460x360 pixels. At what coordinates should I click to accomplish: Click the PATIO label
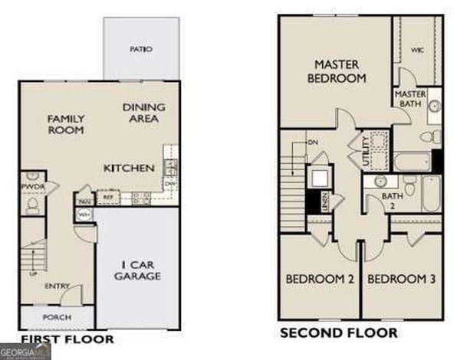point(141,49)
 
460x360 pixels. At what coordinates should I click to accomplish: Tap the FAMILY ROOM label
point(66,125)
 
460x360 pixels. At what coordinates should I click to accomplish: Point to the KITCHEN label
point(130,168)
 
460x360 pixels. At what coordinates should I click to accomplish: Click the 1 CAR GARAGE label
point(138,270)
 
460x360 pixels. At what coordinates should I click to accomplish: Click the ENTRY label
point(56,286)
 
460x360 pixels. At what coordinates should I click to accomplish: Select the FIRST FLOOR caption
point(67,339)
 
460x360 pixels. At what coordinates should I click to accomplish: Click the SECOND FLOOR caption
point(338,333)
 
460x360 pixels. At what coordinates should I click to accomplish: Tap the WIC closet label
point(417,51)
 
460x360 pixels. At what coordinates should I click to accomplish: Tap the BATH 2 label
point(393,201)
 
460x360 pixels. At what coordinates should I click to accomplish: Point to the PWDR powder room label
point(31,186)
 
